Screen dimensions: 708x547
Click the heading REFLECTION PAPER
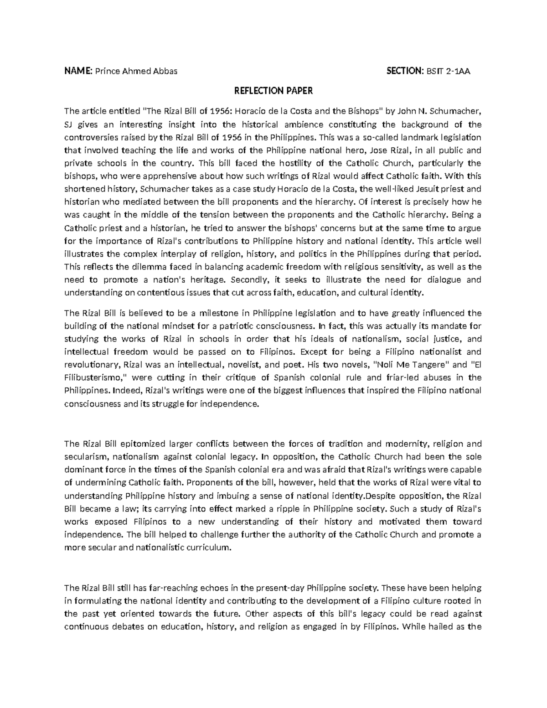pyautogui.click(x=273, y=91)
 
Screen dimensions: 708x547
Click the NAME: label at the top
pyautogui.click(x=78, y=71)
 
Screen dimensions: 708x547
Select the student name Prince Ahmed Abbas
pyautogui.click(x=135, y=71)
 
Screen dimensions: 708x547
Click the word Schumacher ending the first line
pyautogui.click(x=460, y=112)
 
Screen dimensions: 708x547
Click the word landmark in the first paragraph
pyautogui.click(x=420, y=137)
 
